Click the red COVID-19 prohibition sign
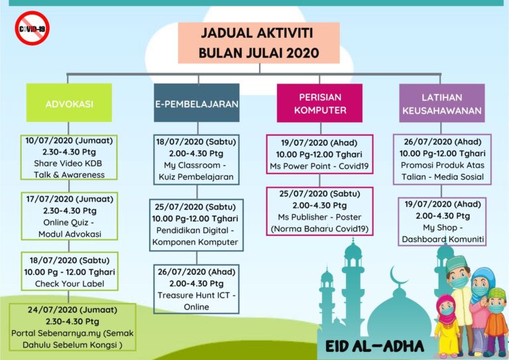click(32, 29)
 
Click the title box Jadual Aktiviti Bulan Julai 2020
click(258, 43)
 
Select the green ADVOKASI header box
click(69, 103)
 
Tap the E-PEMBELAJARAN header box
click(197, 103)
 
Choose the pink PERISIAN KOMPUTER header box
click(319, 103)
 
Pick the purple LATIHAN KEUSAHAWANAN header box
click(442, 103)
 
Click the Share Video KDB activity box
click(69, 157)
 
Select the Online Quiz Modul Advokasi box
click(70, 216)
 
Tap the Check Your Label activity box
click(70, 271)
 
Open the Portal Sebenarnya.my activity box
click(72, 328)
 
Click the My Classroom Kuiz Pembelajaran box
click(196, 160)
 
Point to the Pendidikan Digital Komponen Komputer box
click(196, 225)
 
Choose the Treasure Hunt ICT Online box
click(196, 289)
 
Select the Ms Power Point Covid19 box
click(319, 154)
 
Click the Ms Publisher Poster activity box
click(319, 211)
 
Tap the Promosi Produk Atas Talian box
click(442, 159)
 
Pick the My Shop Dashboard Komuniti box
click(442, 221)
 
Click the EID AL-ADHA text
click(374, 346)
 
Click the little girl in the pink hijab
click(447, 325)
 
